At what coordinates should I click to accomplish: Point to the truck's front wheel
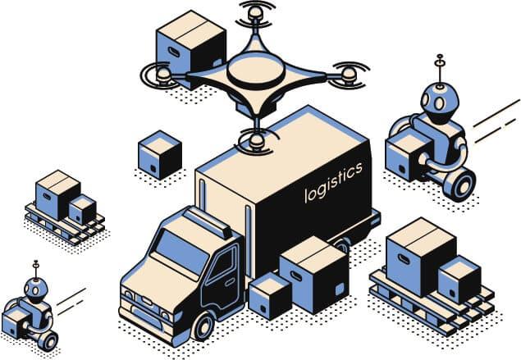coord(202,326)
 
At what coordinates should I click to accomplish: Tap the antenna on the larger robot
coord(440,68)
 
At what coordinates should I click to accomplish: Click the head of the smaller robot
coord(35,288)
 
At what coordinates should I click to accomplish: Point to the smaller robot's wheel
coord(48,339)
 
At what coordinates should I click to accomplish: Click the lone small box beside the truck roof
coord(160,154)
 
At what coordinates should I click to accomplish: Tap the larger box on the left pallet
coord(57,194)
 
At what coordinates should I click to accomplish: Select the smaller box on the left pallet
coord(82,209)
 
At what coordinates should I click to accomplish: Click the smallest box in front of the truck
coord(270,294)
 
